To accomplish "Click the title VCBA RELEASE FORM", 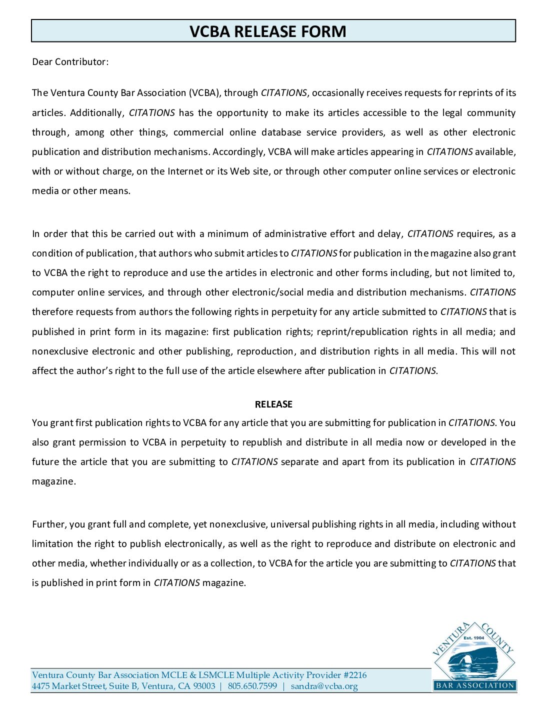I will click(268, 31).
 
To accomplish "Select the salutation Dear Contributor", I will click(70, 62).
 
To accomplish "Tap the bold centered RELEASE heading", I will click(273, 404).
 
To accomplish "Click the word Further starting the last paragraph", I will click(49, 524).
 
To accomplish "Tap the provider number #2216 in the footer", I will click(355, 675).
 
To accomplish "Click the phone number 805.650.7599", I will click(252, 686).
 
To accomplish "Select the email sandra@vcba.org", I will click(324, 686).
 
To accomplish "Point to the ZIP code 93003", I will click(204, 686).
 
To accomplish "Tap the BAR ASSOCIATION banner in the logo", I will click(474, 685).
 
